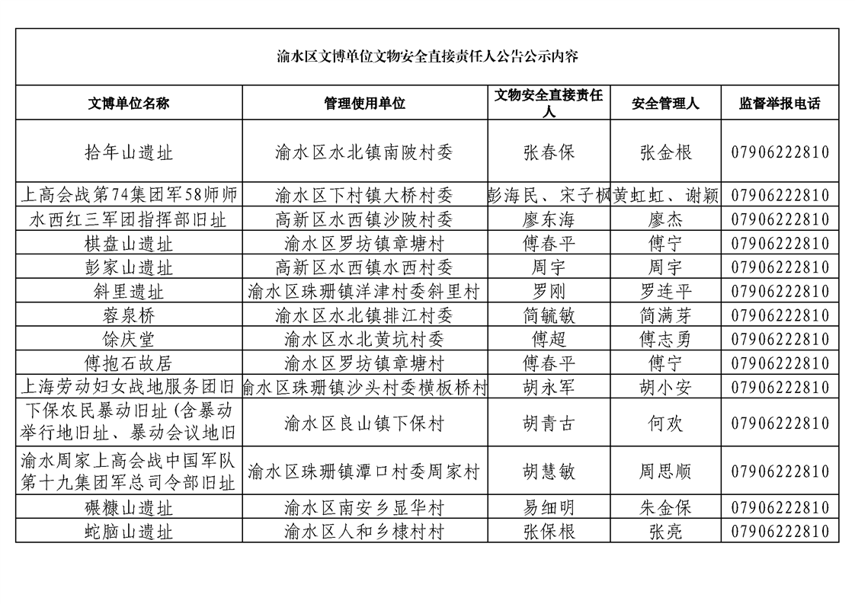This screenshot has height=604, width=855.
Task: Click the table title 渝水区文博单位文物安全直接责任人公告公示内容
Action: (427, 56)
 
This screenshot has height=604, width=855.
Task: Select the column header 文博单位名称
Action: (129, 104)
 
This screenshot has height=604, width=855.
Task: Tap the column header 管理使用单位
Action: (364, 104)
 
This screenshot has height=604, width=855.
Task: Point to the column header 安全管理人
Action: (665, 104)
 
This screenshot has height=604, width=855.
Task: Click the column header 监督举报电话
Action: (780, 104)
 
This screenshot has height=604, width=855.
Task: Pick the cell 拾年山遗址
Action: (129, 152)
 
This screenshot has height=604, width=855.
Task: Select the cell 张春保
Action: (549, 152)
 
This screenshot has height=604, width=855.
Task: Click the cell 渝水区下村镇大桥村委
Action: (364, 196)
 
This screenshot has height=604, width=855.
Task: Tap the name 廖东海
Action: (549, 220)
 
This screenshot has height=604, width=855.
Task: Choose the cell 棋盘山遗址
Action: (129, 244)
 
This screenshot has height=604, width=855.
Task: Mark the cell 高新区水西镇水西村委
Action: (364, 268)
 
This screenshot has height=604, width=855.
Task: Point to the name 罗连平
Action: (665, 292)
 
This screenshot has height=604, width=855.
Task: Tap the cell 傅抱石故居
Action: (129, 363)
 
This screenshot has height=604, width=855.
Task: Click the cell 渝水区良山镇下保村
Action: (364, 423)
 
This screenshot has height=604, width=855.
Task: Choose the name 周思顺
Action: (665, 472)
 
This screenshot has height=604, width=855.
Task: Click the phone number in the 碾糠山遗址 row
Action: (780, 508)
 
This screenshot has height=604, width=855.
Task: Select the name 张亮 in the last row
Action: (665, 532)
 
